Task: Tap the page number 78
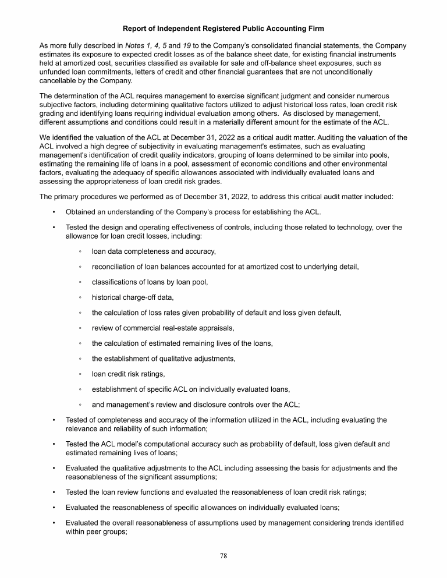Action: (x=223, y=556)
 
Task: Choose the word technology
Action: (x=328, y=228)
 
